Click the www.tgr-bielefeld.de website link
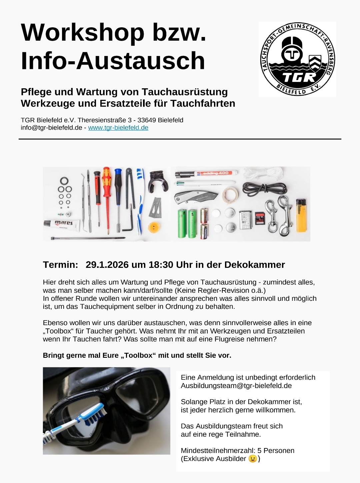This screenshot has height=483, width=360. coord(118,128)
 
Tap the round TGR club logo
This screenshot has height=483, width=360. coord(297,59)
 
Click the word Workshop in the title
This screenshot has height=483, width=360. coord(83,33)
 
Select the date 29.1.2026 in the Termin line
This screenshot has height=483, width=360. coord(107,264)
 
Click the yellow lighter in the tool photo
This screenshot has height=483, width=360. coord(301,216)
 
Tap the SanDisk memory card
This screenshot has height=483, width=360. coord(260,218)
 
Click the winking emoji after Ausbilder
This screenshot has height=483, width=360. coord(253,459)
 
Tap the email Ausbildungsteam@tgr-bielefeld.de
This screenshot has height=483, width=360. coord(236,386)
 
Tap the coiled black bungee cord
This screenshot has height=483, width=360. coord(264,189)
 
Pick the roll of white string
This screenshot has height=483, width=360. coord(263,174)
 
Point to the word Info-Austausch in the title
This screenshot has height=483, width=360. coord(113,61)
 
